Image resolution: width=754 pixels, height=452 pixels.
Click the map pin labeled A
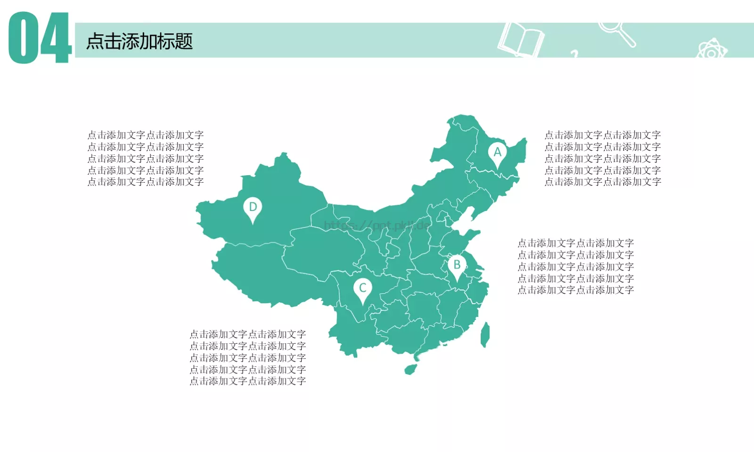click(497, 153)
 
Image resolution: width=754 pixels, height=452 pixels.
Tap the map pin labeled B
click(457, 266)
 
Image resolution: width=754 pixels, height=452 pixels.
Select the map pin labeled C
click(362, 289)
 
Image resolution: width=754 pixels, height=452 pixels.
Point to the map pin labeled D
click(253, 208)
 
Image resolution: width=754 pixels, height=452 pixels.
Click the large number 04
click(40, 39)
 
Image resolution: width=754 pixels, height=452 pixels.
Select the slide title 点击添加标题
click(139, 41)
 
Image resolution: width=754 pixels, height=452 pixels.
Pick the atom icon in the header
click(712, 50)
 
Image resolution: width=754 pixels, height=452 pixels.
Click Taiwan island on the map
click(484, 334)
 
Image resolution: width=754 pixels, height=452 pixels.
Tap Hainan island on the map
click(411, 368)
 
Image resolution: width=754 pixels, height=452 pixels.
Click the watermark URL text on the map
click(377, 225)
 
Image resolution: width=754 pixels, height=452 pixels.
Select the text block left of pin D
click(146, 158)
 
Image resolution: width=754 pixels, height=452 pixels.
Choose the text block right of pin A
click(603, 158)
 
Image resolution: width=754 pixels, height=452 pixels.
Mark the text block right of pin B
click(575, 266)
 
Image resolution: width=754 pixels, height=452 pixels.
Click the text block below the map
click(248, 358)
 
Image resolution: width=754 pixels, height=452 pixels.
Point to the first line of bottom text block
click(248, 334)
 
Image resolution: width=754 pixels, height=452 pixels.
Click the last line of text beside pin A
click(603, 182)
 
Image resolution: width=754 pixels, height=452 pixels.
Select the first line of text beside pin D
click(146, 135)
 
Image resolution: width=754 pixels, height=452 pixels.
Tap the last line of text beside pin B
click(575, 290)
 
